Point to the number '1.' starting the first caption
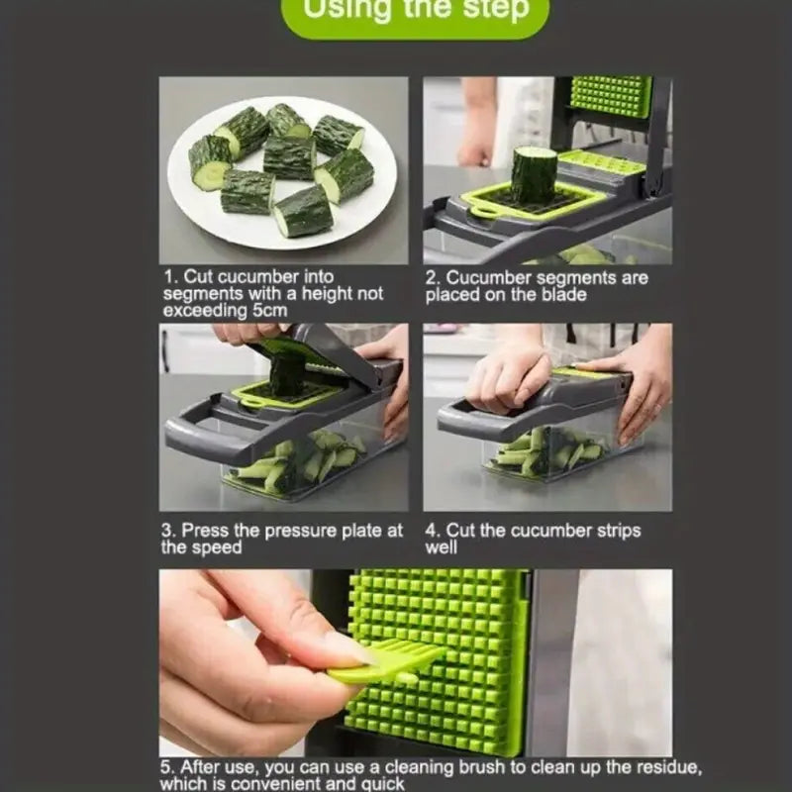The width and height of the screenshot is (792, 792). point(170,277)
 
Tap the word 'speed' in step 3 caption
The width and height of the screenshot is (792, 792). point(219,547)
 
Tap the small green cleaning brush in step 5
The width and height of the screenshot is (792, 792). point(386,660)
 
